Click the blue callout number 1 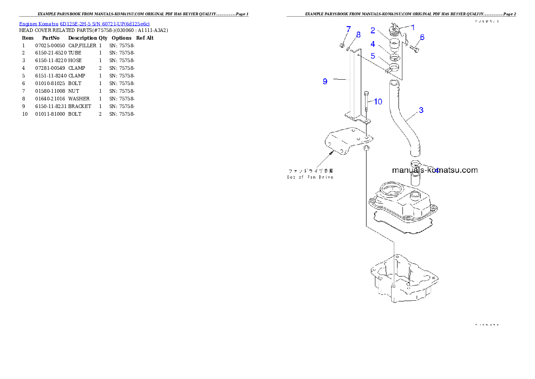[x=413, y=27]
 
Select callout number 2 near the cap [x=373, y=31]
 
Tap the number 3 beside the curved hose [x=421, y=110]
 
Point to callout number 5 [x=373, y=56]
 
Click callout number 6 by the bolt [x=422, y=37]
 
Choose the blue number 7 [x=348, y=29]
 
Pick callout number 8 [x=358, y=35]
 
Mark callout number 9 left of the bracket [x=325, y=81]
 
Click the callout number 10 [x=378, y=102]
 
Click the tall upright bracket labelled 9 [x=355, y=86]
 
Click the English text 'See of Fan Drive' [x=310, y=177]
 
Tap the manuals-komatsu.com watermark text [x=435, y=170]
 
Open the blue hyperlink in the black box [x=84, y=23]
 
